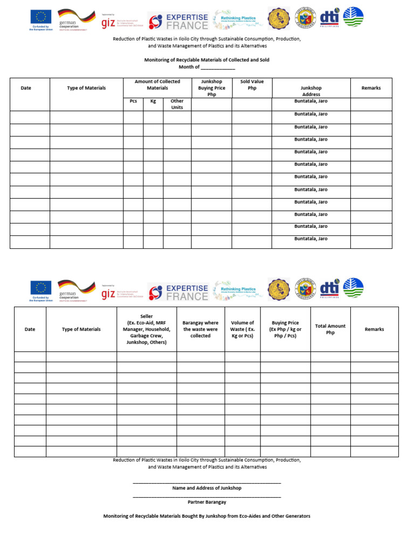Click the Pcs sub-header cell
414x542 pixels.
133,101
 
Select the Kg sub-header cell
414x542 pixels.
153,101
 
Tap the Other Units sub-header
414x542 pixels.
177,104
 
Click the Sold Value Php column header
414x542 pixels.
252,85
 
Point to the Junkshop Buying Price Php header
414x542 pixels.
211,88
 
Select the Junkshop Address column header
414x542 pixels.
311,91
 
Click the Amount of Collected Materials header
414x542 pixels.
157,85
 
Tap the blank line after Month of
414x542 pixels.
218,67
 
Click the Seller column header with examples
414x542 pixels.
147,329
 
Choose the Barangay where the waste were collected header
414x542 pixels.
201,329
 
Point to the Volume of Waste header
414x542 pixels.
243,329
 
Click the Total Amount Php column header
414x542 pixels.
330,329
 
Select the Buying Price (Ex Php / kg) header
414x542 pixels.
285,329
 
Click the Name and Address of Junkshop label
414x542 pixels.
207,488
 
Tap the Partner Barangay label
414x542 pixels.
207,502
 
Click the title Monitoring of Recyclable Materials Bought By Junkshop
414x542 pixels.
207,516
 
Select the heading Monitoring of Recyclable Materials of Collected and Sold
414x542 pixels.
207,60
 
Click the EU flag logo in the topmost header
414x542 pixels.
41,17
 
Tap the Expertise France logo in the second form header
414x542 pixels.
178,291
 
